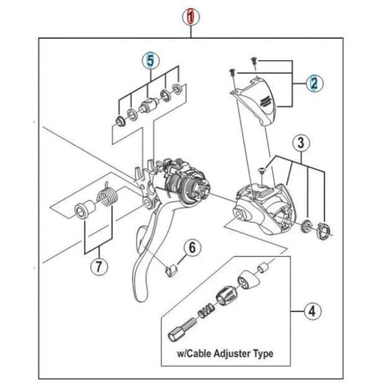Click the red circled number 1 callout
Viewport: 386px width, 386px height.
click(x=192, y=17)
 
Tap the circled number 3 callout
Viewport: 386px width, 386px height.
click(x=300, y=143)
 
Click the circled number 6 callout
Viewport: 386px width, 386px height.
click(x=192, y=247)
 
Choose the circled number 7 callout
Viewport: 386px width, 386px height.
click(x=98, y=266)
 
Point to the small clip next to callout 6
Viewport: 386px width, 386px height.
click(x=171, y=268)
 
